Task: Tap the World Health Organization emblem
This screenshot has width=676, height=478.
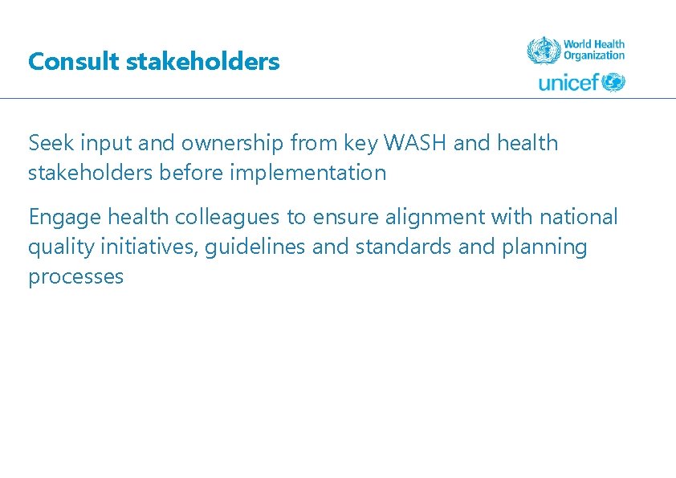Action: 543,50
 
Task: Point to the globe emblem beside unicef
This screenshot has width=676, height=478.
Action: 613,82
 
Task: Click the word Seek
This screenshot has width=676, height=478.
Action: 49,143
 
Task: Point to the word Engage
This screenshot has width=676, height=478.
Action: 65,217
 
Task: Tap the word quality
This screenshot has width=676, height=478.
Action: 59,247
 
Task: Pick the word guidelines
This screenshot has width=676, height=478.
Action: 255,247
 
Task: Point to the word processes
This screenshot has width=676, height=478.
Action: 75,277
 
